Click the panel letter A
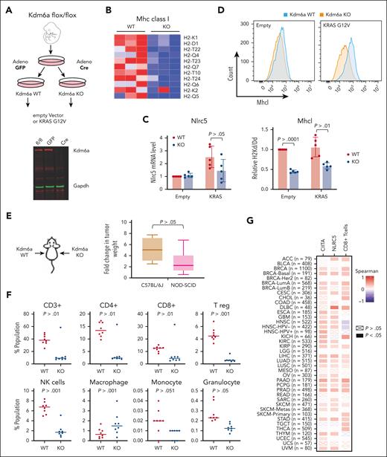tap(5, 8)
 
